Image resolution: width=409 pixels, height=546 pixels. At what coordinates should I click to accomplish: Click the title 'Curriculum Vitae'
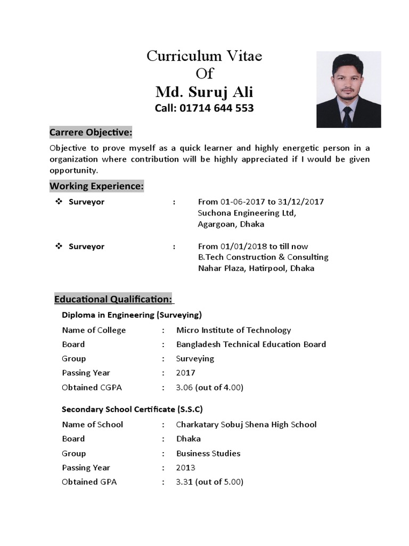coord(204,56)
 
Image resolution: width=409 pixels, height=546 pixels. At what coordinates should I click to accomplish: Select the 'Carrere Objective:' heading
coord(91,132)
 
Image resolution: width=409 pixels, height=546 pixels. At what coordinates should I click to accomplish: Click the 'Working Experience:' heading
coord(96,186)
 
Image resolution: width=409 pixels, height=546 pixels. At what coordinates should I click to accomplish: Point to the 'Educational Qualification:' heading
coord(113,299)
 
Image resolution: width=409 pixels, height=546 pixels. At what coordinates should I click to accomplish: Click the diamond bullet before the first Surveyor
coord(59,202)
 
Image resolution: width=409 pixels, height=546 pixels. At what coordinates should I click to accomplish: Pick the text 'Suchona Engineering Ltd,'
coord(247,213)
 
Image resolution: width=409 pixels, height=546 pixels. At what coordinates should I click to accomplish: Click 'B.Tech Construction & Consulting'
coord(263,257)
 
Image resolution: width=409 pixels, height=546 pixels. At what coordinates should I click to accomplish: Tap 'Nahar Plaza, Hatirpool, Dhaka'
coord(256,268)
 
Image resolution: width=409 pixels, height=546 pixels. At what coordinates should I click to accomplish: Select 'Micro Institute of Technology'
coord(233,330)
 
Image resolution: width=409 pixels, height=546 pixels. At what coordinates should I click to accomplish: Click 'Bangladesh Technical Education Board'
coord(251,344)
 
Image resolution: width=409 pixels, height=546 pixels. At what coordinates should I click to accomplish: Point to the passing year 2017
coord(186,373)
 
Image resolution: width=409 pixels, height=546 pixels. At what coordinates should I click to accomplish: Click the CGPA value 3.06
coord(185,387)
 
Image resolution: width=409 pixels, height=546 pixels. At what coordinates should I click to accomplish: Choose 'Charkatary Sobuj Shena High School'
coord(246,424)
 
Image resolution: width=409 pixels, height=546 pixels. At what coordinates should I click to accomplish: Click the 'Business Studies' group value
coord(208,453)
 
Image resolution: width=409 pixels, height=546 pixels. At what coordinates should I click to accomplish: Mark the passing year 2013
coord(186,468)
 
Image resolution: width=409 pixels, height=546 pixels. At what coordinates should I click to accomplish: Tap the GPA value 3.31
coord(185,482)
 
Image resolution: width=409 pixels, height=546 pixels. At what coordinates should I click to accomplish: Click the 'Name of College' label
coord(94,330)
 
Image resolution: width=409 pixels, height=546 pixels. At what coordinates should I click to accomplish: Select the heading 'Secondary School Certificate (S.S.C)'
coord(132,409)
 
